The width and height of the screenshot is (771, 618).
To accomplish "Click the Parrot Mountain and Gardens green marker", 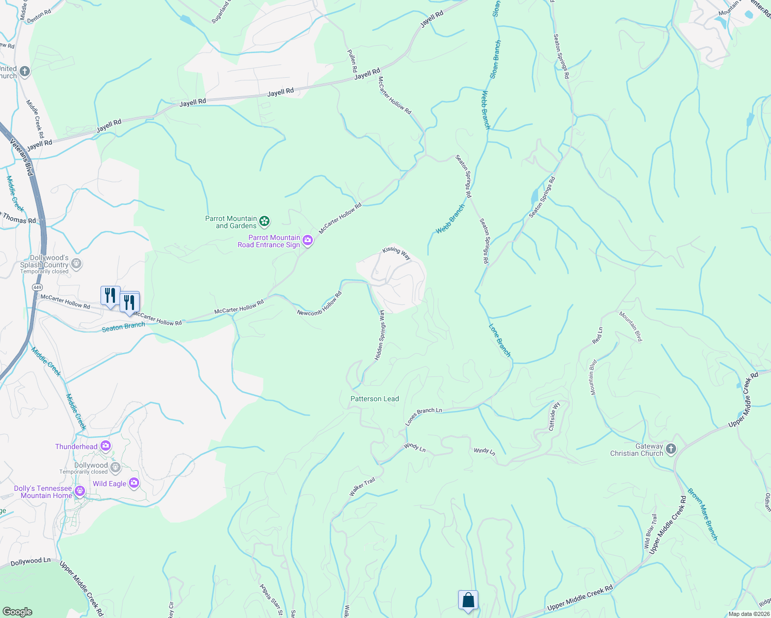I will [x=264, y=221].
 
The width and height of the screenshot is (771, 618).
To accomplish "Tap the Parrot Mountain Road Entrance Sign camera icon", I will [x=308, y=241].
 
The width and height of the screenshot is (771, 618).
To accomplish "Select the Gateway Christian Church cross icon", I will [x=671, y=449].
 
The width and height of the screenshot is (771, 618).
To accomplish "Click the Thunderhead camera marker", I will [x=106, y=446].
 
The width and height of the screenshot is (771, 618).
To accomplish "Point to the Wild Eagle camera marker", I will [x=134, y=483].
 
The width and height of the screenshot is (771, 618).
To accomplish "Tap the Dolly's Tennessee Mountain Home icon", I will [x=79, y=491].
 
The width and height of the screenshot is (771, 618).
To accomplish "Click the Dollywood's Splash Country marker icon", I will [x=76, y=264].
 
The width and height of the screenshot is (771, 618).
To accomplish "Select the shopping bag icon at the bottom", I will [x=468, y=600].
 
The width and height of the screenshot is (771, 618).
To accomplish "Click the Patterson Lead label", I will [x=375, y=399].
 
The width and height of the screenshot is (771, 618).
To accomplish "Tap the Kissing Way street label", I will [x=396, y=252].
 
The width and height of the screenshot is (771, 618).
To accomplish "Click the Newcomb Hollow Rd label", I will [x=320, y=304].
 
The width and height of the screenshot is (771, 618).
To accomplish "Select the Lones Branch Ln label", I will [x=424, y=416].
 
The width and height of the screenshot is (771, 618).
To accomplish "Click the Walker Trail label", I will [x=362, y=487].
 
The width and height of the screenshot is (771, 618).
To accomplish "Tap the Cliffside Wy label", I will [x=554, y=416].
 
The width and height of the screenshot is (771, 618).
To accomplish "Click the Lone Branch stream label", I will [x=499, y=340].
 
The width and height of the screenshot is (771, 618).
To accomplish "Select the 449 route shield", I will [x=37, y=287].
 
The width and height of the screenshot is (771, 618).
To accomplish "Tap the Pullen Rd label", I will [x=353, y=61].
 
